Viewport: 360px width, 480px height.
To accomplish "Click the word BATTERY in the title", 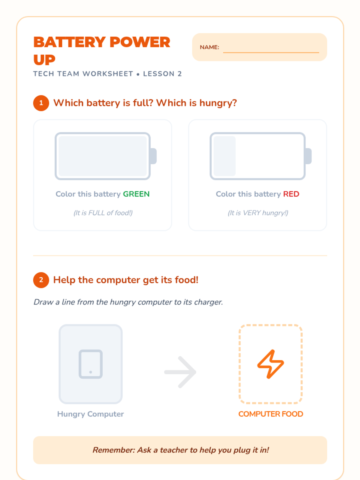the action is click(70, 42).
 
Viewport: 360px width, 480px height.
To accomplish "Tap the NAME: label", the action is click(209, 47).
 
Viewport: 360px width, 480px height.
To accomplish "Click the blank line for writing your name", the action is click(271, 52).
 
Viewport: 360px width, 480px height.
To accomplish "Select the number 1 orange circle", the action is click(41, 103).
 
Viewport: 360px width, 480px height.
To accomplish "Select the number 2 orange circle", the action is click(41, 280).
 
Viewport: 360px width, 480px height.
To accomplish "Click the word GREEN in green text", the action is click(136, 194).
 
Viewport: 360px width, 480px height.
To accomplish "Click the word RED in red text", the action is click(291, 194).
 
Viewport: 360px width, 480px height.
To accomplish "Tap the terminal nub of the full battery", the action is click(153, 156).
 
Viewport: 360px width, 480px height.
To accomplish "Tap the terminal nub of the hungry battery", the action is click(308, 156).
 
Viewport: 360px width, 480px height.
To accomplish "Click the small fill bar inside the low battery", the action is click(225, 156).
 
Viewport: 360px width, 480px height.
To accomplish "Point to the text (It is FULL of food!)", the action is click(103, 213).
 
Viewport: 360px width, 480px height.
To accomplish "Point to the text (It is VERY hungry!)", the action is click(258, 213).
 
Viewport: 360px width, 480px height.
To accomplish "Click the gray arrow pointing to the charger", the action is click(180, 372).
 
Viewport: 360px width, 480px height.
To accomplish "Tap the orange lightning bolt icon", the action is click(271, 364).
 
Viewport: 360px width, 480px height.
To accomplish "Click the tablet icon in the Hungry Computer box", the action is click(91, 364).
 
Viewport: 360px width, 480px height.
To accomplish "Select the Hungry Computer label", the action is click(91, 414).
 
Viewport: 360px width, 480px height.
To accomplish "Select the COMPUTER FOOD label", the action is click(271, 414).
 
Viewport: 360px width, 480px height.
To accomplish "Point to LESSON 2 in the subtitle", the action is click(162, 74).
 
